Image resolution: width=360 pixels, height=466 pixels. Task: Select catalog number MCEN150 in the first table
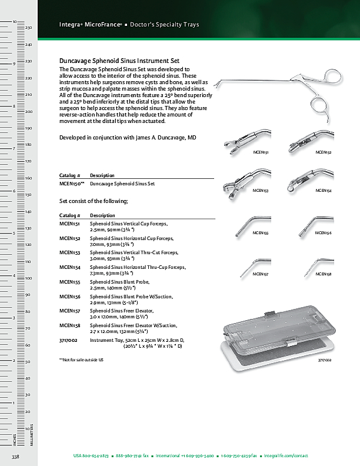coord(72,184)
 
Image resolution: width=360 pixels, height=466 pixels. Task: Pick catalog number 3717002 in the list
coord(69,340)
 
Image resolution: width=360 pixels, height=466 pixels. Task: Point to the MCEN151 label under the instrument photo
coord(261,152)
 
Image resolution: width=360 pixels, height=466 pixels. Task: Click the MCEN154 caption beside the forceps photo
coord(323,191)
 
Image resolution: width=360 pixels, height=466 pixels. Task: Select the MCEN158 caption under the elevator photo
coord(323,274)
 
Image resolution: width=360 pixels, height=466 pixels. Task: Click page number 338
coord(16,457)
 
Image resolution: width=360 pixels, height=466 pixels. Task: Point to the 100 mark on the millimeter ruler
coord(28,278)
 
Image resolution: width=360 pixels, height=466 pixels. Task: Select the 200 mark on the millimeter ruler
coord(28,111)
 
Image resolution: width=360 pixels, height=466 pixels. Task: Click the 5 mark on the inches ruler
coord(14,234)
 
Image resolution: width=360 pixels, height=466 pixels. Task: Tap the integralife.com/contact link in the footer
coord(286,456)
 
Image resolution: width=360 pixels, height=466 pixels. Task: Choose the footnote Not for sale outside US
coord(81,359)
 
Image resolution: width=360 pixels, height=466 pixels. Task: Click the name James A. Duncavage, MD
coord(168,137)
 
